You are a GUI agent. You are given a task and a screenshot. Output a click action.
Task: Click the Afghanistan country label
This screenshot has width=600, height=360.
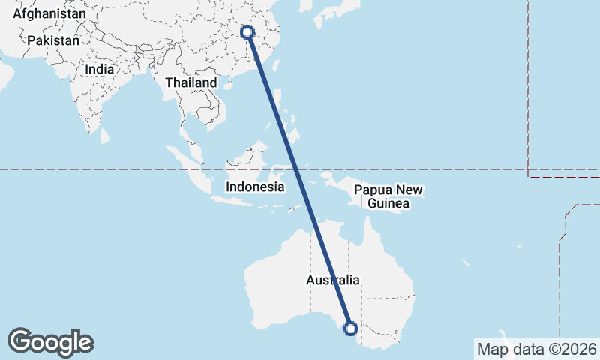(49, 14)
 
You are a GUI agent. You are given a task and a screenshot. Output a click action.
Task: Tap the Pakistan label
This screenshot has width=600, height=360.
(52, 40)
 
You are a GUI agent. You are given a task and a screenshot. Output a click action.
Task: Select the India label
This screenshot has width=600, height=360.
(100, 69)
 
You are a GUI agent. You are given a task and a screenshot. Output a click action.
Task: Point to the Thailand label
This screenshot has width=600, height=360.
(191, 82)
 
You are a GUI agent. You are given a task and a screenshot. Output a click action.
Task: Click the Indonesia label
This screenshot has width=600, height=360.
(255, 187)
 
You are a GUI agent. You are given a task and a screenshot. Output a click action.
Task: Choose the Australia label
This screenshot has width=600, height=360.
(333, 280)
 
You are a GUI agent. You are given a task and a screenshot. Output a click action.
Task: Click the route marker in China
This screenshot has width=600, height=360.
(247, 32)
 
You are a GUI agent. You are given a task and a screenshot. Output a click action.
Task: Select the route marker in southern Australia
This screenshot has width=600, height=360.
(350, 327)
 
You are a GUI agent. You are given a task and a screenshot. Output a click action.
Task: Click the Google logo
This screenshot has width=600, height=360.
(50, 342)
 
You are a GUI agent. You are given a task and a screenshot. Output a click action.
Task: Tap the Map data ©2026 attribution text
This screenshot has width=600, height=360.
(537, 349)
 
